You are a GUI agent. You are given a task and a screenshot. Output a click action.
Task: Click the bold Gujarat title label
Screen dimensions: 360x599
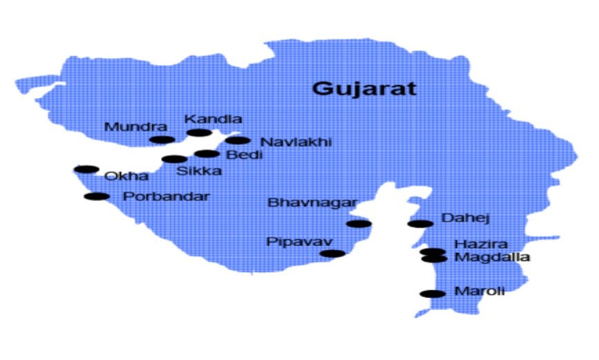[x=364, y=88]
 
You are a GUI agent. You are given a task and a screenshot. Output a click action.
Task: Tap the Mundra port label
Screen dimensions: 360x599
[x=135, y=127]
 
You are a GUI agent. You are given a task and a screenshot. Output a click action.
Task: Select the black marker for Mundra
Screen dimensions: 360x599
[x=162, y=140]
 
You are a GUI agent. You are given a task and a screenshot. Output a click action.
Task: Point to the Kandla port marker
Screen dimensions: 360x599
[x=199, y=133]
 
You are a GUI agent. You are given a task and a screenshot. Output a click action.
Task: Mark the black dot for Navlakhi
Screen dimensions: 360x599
[x=237, y=140]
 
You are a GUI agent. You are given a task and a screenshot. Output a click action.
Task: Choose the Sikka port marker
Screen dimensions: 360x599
[x=175, y=159]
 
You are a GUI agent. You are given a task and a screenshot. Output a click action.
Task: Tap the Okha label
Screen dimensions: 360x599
[x=126, y=176]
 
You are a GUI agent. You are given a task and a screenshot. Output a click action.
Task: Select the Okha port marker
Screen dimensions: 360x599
[x=86, y=169]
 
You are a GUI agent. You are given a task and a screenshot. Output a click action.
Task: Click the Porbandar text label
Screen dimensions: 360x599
[x=166, y=196]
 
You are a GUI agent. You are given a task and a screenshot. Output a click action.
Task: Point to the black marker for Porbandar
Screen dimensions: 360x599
[x=97, y=197]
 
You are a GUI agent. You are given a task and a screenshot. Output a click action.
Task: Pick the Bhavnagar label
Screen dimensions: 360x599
[x=312, y=202]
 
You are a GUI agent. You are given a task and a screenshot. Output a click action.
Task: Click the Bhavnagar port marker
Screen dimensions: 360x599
[x=359, y=223]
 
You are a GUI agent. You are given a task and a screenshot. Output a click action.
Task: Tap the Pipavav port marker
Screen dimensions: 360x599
[x=332, y=254]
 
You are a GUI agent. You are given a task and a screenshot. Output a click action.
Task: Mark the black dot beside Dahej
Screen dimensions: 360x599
[x=420, y=223]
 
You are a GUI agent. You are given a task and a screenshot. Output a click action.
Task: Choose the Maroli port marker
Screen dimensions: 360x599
[x=433, y=294]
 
